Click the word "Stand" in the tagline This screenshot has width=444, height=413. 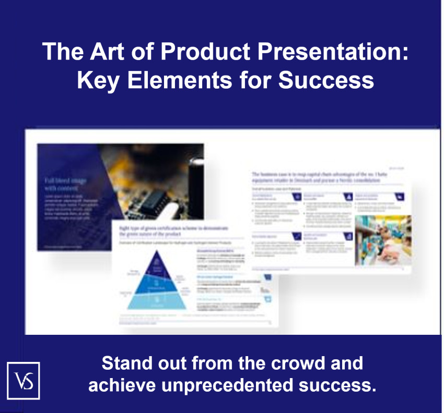coord(126,363)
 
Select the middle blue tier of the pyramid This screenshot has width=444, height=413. coord(155,285)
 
